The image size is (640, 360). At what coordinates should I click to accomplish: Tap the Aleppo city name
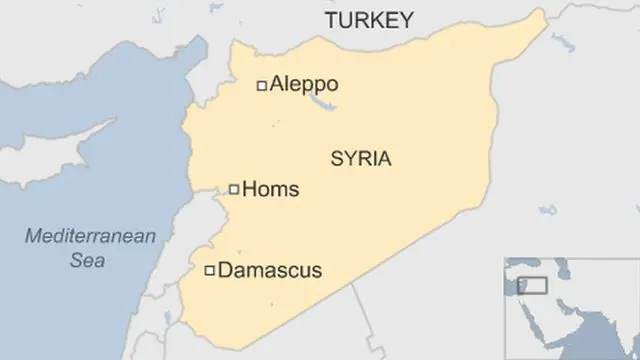coord(304,85)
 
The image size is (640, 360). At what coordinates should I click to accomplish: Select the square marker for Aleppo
coord(262,86)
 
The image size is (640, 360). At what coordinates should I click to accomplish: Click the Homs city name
coord(272,188)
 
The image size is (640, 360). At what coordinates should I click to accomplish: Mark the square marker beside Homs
coord(234,188)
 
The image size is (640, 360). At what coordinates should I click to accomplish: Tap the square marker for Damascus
coord(209,270)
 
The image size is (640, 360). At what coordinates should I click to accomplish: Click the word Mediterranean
coord(92,237)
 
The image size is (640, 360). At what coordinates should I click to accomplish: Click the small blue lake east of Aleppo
coord(321,102)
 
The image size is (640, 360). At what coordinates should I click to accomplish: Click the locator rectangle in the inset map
coord(536,285)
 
